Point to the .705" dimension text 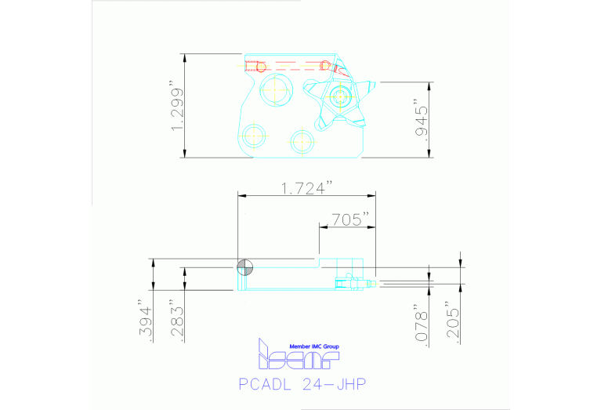tap(349, 220)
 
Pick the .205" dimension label tap(453, 321)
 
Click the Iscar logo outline tap(298, 357)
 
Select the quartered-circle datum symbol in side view tap(245, 267)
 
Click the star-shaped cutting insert tap(341, 99)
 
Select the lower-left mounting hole tap(254, 136)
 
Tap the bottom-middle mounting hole tap(302, 141)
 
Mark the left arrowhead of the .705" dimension tap(321, 227)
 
